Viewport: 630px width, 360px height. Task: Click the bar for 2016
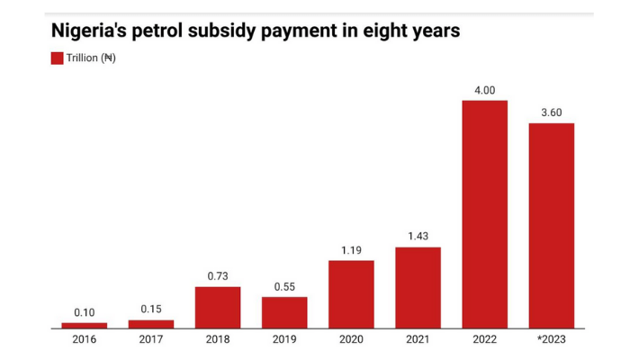point(85,325)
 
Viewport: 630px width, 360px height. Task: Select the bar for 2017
point(151,324)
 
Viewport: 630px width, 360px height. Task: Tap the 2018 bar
point(218,308)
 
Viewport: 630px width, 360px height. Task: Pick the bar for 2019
point(284,312)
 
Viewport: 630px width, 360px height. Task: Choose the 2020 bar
point(351,294)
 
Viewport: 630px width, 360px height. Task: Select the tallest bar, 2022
point(484,214)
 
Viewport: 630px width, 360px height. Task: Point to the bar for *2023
point(551,226)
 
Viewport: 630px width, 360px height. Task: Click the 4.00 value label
point(484,90)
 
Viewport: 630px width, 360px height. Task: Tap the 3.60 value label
point(551,112)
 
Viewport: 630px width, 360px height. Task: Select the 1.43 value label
point(418,237)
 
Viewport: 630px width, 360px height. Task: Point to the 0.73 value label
point(218,276)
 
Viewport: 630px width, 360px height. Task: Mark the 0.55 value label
point(284,287)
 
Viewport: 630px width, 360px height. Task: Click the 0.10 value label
point(85,312)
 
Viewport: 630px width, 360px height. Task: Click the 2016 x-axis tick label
point(85,339)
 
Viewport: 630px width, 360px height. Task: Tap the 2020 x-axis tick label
point(351,339)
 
